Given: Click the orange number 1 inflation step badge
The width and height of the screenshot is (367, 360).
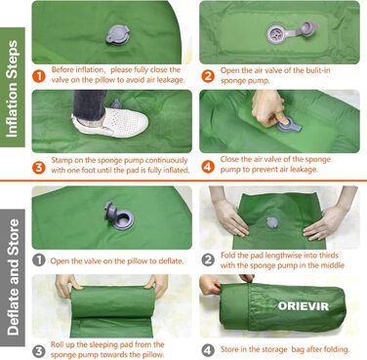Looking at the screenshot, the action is click(39, 76).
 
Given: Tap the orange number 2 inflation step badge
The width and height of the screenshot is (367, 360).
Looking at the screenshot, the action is click(208, 76).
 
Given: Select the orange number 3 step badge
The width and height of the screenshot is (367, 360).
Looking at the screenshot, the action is click(39, 167).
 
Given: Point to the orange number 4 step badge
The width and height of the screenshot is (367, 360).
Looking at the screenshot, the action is click(208, 167).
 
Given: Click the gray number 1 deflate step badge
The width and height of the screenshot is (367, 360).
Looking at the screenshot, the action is click(39, 260).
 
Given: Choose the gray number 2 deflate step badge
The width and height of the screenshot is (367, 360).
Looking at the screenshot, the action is click(208, 260).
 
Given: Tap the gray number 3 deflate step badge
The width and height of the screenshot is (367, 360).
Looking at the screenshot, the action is click(39, 351).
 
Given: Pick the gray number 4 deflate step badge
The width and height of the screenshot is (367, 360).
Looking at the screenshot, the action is click(208, 350).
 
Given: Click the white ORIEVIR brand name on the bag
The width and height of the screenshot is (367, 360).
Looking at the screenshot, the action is click(304, 306).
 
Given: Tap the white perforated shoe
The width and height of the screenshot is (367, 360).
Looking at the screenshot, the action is click(110, 123).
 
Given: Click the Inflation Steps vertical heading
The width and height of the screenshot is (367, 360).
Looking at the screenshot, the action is click(13, 88).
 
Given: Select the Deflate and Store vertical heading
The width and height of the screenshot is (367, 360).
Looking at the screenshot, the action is click(13, 277).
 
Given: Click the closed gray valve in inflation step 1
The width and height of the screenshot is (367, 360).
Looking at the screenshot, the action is click(117, 34).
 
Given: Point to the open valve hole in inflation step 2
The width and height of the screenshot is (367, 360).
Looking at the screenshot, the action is click(275, 34).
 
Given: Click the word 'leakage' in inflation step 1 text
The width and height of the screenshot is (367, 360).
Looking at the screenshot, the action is click(170, 80).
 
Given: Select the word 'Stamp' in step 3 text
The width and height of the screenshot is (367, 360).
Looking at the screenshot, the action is click(61, 161).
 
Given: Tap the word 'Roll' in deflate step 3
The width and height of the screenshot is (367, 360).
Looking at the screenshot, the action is click(58, 344).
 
